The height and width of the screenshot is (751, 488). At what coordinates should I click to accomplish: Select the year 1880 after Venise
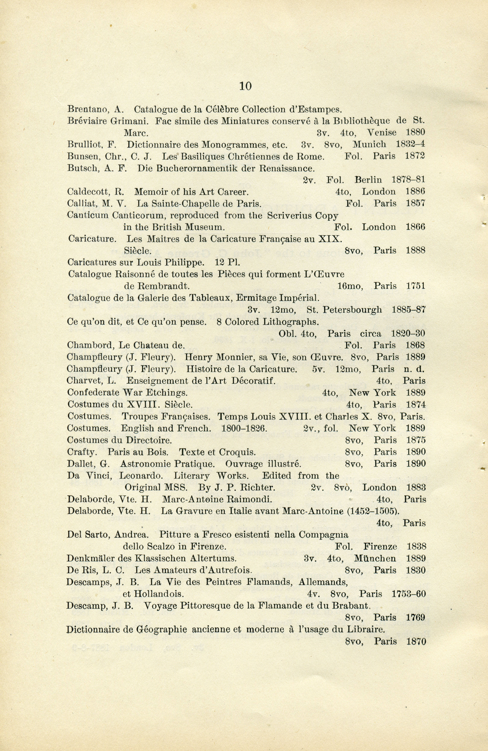point(415,132)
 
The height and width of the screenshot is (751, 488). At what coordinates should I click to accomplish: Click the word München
point(375,558)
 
